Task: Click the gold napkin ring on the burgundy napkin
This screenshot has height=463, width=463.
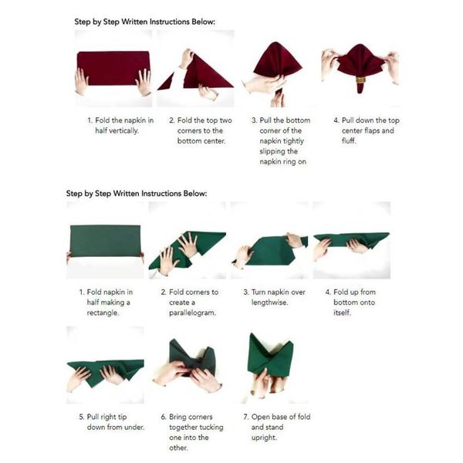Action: [360, 79]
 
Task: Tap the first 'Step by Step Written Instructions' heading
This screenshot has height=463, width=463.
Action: [145, 21]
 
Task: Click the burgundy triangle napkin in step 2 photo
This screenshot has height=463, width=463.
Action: [204, 73]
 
